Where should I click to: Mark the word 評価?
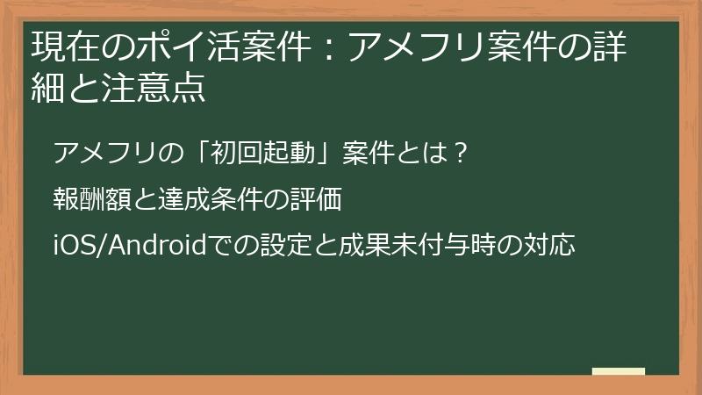click(x=314, y=200)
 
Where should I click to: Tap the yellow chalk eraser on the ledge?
click(x=619, y=371)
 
